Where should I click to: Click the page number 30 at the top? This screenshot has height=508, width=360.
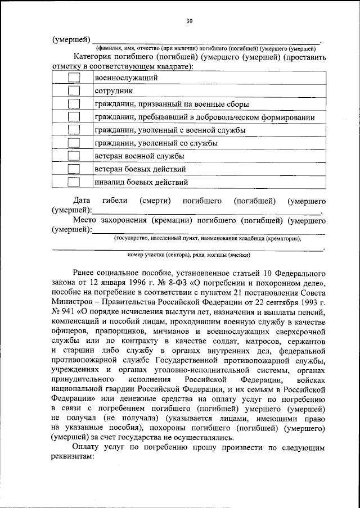click(x=189, y=21)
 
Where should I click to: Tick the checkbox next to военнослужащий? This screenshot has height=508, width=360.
click(x=74, y=78)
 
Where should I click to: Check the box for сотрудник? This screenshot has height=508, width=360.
click(x=74, y=91)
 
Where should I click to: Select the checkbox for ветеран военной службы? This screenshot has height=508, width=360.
click(x=74, y=156)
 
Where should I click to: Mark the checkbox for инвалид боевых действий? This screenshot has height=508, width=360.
click(x=74, y=182)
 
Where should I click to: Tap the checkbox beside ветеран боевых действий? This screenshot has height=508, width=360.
click(x=74, y=169)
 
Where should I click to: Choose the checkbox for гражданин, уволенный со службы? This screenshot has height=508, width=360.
click(x=74, y=143)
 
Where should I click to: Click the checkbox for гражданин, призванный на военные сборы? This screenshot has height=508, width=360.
click(x=74, y=104)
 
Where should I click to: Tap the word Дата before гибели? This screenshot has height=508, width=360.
click(x=83, y=201)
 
